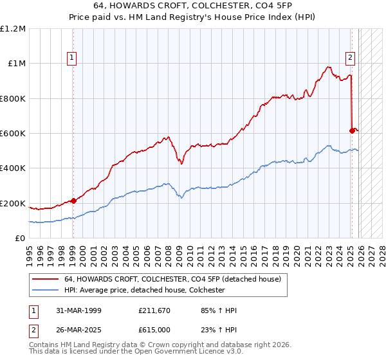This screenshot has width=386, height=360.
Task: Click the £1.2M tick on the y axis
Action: (13, 29)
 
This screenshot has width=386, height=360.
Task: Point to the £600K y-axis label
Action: (13, 134)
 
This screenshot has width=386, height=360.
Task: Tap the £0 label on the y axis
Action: (21, 239)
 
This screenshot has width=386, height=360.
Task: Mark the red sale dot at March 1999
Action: (73, 201)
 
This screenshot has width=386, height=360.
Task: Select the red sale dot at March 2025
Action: (352, 130)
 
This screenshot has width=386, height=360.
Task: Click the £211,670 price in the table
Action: (152, 310)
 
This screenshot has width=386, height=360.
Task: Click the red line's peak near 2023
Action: (328, 66)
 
